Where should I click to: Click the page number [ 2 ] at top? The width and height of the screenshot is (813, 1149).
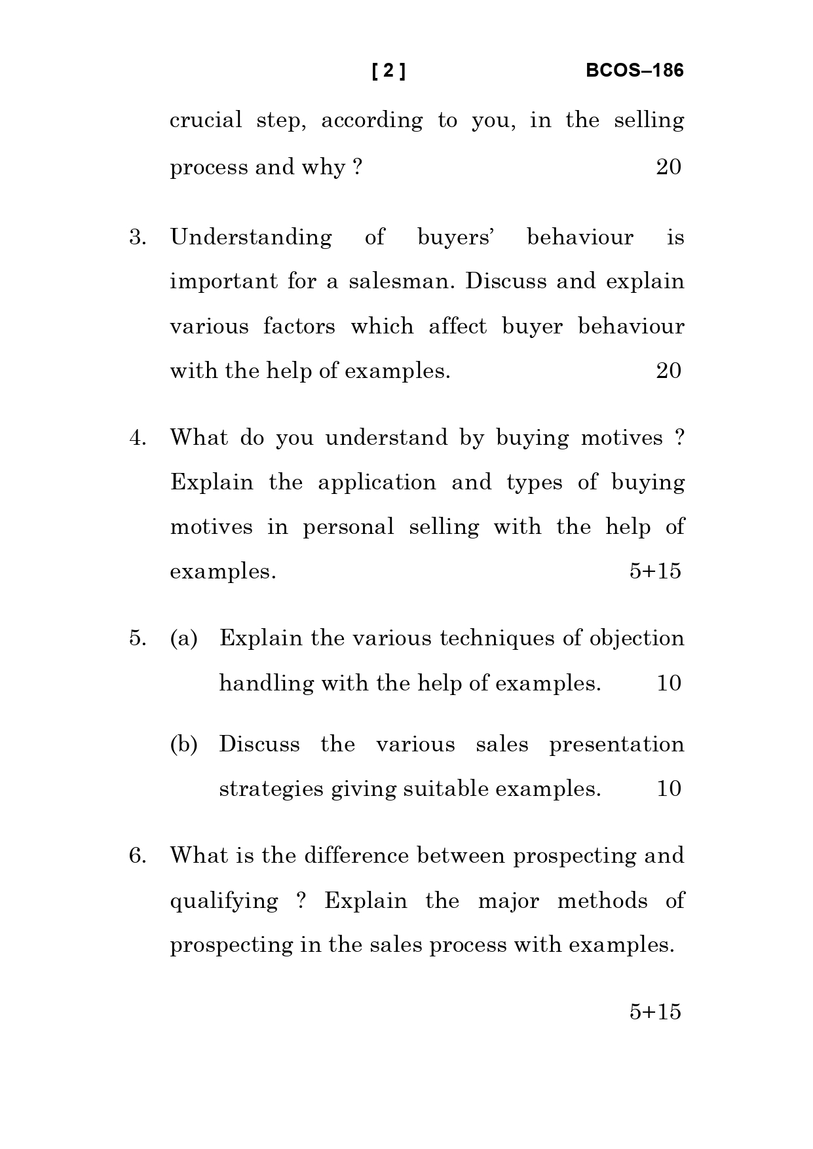388,71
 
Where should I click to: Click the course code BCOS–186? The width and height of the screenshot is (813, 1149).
634,71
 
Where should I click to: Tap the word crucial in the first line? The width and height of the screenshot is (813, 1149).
206,121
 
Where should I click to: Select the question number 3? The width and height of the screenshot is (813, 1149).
138,237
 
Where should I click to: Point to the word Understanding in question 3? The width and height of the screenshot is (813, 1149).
251,237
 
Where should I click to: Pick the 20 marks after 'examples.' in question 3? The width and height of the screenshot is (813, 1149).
668,371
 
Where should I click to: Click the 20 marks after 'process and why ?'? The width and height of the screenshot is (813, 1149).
668,168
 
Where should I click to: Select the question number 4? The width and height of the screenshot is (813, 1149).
138,438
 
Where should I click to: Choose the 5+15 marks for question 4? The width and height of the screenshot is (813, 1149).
655,572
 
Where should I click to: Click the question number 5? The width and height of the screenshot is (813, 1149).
138,639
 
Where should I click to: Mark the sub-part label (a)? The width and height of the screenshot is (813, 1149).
183,639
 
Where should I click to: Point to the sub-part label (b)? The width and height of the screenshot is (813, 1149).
183,745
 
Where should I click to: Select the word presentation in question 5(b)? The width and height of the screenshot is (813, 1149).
616,745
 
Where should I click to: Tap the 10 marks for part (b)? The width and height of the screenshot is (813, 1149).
668,789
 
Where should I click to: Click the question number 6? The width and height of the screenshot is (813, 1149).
138,856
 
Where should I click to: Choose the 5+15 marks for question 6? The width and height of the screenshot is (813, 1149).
655,1012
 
